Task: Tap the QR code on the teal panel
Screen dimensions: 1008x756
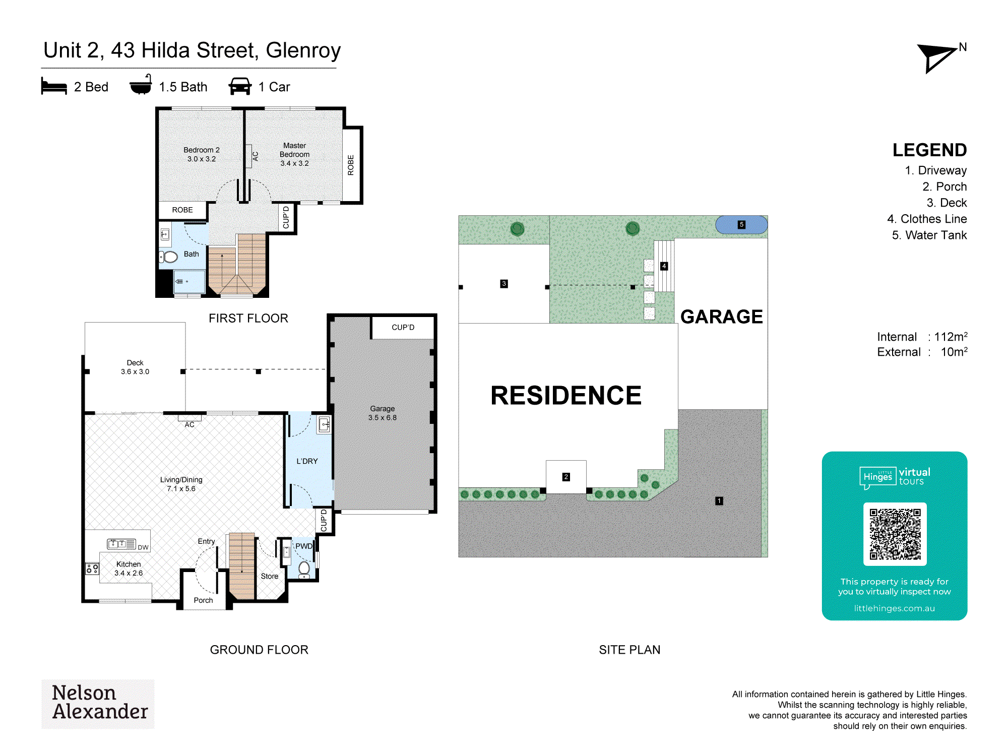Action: [x=895, y=534]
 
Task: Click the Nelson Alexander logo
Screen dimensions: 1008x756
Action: [x=98, y=704]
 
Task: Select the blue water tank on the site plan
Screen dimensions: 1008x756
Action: [x=741, y=225]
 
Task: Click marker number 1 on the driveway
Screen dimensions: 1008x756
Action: [x=719, y=501]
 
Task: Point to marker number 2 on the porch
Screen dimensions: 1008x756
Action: [x=566, y=477]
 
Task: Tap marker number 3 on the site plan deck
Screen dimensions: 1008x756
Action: [x=503, y=284]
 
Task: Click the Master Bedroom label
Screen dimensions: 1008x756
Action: [x=295, y=154]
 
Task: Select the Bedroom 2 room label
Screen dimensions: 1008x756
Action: [x=202, y=154]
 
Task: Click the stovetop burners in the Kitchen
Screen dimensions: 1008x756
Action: [x=92, y=569]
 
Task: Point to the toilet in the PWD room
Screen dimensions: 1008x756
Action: [x=304, y=570]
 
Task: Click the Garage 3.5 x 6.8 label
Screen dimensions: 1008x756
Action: [x=383, y=413]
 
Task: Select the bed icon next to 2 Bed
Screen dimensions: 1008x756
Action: [x=54, y=86]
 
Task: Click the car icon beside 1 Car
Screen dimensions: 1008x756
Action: [x=240, y=86]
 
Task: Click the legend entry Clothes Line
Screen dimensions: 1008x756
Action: [x=927, y=219]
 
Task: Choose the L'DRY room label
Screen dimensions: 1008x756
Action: [x=307, y=461]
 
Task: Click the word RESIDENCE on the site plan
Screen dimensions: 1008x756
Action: [x=566, y=395]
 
